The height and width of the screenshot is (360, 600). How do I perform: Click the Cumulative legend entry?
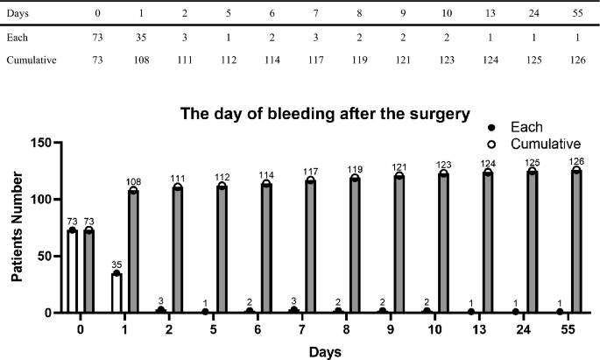[545, 143]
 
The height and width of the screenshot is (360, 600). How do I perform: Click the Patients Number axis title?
[18, 227]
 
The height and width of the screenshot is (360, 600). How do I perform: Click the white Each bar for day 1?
[116, 293]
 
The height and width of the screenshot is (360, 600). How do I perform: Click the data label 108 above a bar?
[133, 180]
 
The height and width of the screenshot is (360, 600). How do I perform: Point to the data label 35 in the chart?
[116, 264]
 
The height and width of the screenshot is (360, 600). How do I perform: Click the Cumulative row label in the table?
[29, 60]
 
